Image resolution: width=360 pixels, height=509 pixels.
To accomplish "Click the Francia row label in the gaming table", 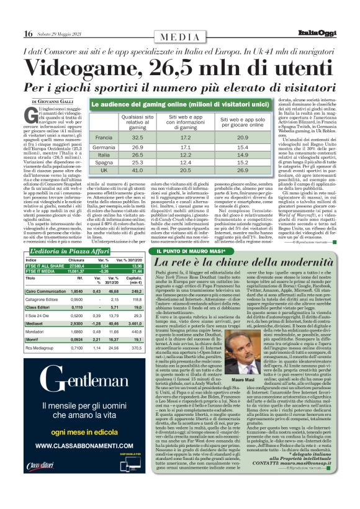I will coord(103,137).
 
